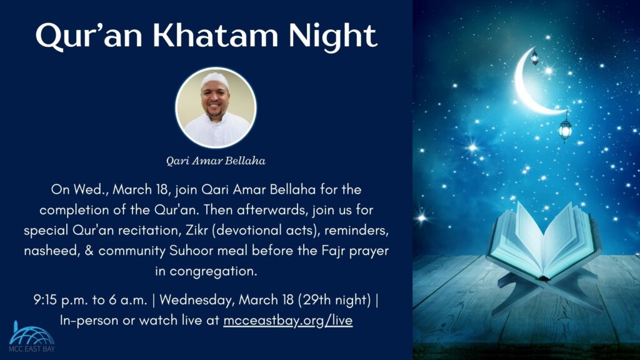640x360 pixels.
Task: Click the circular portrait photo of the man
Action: pyautogui.click(x=216, y=107)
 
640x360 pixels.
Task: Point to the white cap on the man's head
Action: pyautogui.click(x=214, y=81)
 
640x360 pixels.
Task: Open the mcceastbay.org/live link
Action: pyautogui.click(x=287, y=321)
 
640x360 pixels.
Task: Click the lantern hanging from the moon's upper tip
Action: pyautogui.click(x=535, y=58)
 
